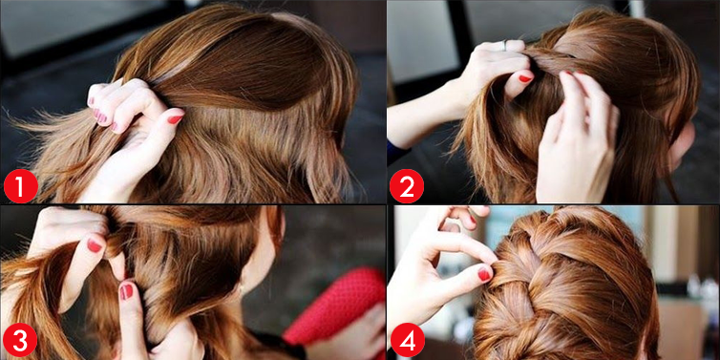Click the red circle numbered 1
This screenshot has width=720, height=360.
(21, 186)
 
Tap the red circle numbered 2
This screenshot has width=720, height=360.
(407, 186)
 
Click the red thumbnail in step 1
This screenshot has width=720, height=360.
(175, 119)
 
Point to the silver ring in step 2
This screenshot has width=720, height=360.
(504, 45)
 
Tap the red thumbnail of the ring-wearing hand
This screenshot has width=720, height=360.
(525, 78)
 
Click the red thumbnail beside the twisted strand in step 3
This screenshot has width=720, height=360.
(95, 245)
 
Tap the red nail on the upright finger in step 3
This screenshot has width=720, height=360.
(126, 291)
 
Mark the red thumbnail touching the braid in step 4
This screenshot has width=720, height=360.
(484, 274)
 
